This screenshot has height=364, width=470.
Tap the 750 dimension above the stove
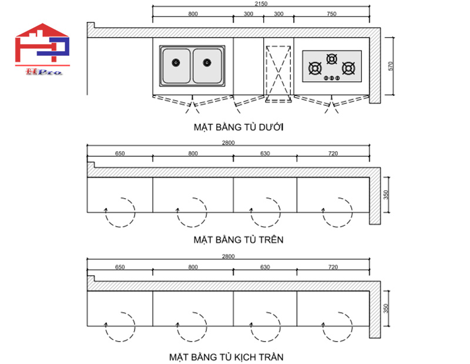point(331,14)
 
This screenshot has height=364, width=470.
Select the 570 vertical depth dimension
point(391,66)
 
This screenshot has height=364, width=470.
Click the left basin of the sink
point(176,65)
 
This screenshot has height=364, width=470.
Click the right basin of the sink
point(207,65)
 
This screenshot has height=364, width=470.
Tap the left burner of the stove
point(315,69)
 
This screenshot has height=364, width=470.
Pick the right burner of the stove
point(349,69)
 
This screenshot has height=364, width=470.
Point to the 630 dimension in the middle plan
point(265,153)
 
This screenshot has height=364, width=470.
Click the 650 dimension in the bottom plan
point(119,267)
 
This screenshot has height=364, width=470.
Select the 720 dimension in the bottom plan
point(333,267)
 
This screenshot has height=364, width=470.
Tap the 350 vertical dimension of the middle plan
point(386,195)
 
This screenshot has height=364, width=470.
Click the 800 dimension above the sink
point(193,14)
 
